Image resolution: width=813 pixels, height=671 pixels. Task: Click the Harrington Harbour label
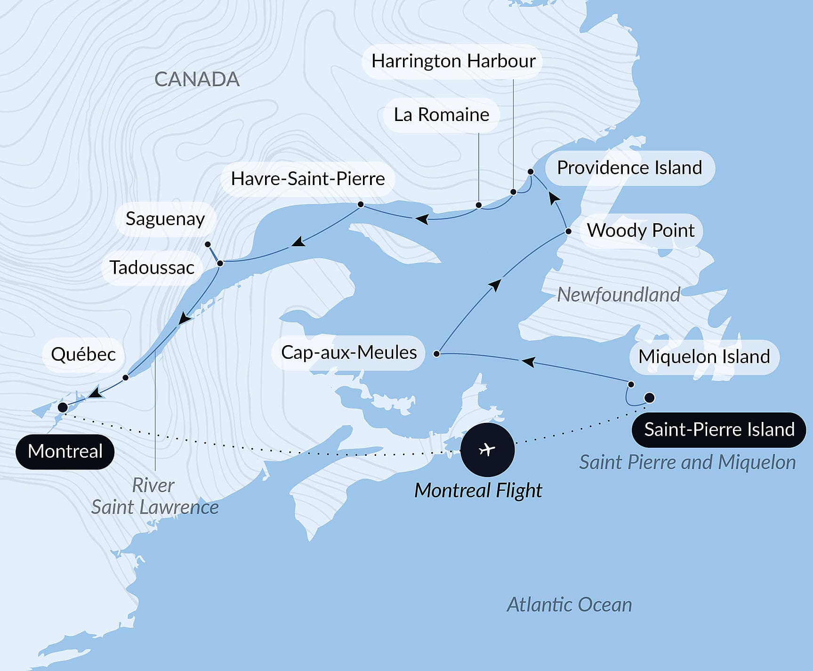(x=453, y=61)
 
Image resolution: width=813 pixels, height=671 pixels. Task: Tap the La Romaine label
(x=441, y=115)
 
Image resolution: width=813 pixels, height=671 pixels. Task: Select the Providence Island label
(x=629, y=168)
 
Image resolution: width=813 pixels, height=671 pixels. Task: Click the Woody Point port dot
(x=568, y=231)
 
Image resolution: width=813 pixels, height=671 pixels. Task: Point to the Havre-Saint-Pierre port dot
(x=361, y=204)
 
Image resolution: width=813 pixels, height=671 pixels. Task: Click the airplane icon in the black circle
(x=487, y=449)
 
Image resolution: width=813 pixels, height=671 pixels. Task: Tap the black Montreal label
(x=65, y=451)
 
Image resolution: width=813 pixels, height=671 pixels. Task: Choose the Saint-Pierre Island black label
(x=719, y=429)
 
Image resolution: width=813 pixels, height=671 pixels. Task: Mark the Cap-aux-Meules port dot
(x=436, y=353)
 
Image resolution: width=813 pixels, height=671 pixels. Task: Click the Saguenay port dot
(x=208, y=244)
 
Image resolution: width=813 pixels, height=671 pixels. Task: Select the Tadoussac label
(x=152, y=267)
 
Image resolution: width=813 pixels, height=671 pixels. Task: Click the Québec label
(x=83, y=355)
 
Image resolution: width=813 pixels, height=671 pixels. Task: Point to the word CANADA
(x=197, y=79)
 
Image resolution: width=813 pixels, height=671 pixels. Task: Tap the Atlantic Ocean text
(x=569, y=605)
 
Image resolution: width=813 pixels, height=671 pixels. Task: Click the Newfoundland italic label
(x=619, y=295)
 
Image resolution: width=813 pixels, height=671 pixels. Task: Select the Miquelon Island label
(x=704, y=356)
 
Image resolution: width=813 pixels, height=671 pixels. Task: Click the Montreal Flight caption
(x=478, y=491)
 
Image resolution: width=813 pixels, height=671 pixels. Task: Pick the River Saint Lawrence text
(x=154, y=496)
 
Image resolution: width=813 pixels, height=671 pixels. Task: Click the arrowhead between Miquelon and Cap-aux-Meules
(x=528, y=362)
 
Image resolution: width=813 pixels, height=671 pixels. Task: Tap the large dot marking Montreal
(x=63, y=407)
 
